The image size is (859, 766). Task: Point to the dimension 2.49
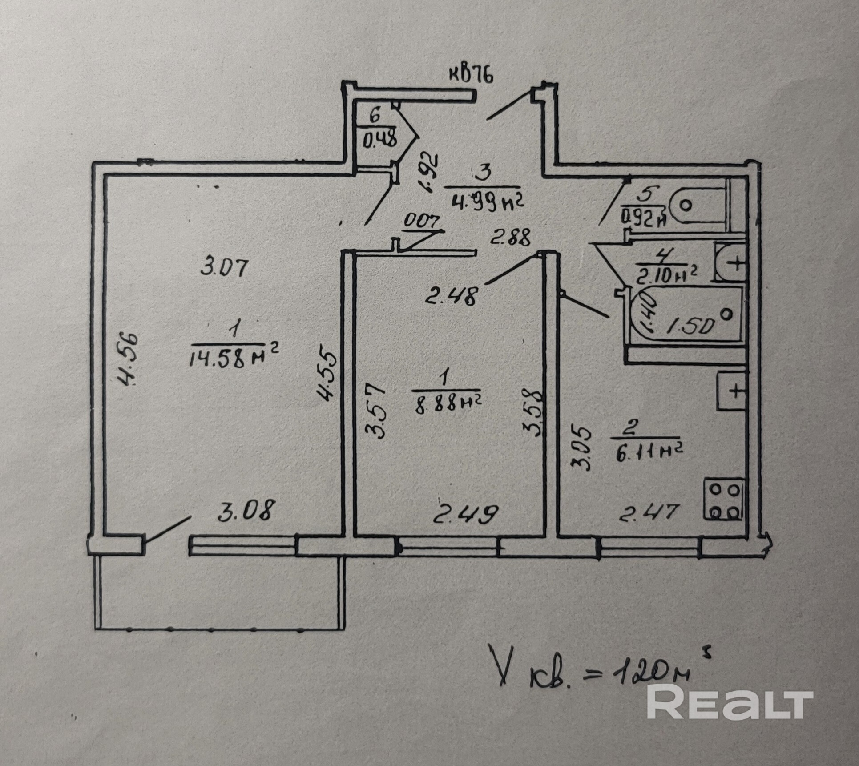464,514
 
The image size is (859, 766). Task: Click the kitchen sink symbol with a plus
731,391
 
